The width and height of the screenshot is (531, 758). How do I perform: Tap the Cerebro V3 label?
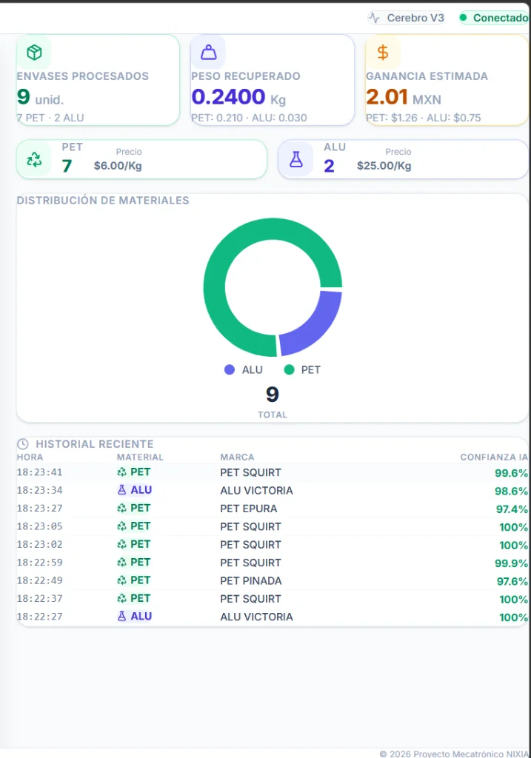(407, 18)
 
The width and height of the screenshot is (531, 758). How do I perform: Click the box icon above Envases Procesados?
(34, 53)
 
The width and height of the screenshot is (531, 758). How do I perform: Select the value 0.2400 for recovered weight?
(228, 97)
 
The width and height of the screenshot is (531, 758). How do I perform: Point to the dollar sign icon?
(383, 53)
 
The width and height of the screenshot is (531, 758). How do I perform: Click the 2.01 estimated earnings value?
(387, 97)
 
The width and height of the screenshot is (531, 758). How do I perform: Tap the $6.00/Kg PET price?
(118, 166)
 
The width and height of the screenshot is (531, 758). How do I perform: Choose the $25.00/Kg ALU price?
(384, 166)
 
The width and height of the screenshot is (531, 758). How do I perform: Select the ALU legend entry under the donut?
(244, 369)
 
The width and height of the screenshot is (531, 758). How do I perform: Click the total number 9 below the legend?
(273, 395)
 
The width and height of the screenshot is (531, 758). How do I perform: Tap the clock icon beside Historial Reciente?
(23, 444)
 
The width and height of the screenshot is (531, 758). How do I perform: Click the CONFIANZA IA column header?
(494, 457)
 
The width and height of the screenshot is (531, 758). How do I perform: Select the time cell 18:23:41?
(40, 472)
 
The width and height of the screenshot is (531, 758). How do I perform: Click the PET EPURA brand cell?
(249, 509)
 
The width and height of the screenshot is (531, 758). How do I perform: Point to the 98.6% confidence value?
(511, 491)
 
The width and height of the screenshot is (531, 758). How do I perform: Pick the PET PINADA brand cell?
(251, 580)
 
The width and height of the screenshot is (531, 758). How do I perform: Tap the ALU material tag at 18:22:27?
(135, 617)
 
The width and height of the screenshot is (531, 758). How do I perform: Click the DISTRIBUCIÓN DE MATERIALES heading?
(103, 201)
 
